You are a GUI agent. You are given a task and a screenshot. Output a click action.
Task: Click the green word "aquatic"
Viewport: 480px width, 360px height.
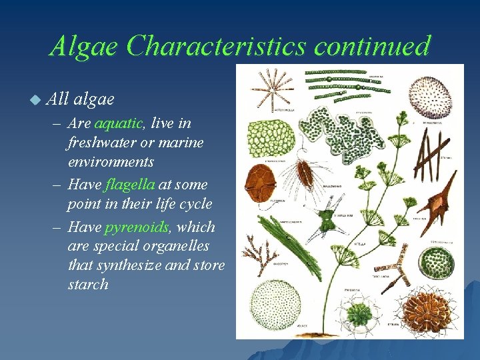pos(118,123)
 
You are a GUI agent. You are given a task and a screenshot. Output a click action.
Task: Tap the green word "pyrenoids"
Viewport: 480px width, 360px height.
pos(137,227)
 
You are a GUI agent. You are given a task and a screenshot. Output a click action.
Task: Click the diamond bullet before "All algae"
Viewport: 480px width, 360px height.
pos(35,99)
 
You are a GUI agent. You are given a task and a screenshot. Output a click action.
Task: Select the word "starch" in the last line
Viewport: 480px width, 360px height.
pos(88,284)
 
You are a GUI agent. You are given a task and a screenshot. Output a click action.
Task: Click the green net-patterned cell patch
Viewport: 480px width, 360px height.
pos(269,141)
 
